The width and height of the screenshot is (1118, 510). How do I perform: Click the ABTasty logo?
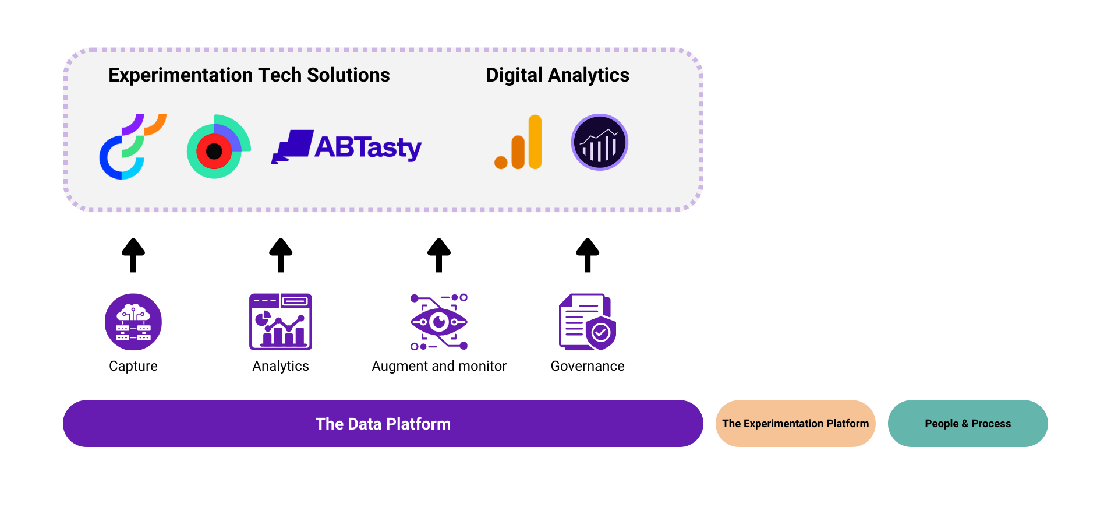click(x=346, y=146)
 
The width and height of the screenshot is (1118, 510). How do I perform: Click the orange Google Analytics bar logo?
click(x=519, y=143)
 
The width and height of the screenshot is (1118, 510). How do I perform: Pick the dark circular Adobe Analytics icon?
click(x=599, y=142)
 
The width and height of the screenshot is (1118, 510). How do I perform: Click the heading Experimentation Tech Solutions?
click(x=249, y=75)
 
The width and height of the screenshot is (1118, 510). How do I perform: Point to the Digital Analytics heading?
click(x=557, y=75)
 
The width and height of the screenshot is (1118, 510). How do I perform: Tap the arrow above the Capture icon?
click(x=133, y=255)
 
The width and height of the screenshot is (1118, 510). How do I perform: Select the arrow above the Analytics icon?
click(x=281, y=255)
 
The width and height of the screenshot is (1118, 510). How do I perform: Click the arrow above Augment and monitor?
click(x=439, y=255)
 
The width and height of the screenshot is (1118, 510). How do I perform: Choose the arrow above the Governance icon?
click(x=588, y=255)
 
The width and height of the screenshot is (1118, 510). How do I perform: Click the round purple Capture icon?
click(x=133, y=322)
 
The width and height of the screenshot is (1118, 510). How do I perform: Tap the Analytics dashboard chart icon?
click(x=281, y=322)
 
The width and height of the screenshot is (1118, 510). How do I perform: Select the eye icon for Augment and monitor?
click(x=439, y=322)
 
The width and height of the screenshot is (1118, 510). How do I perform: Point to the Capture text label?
click(x=133, y=366)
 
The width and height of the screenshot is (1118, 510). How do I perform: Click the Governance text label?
click(x=588, y=366)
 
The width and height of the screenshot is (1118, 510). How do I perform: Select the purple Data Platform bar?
click(x=383, y=424)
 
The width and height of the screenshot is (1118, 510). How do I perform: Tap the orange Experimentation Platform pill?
click(x=795, y=424)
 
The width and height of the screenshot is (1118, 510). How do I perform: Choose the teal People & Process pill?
click(x=968, y=424)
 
